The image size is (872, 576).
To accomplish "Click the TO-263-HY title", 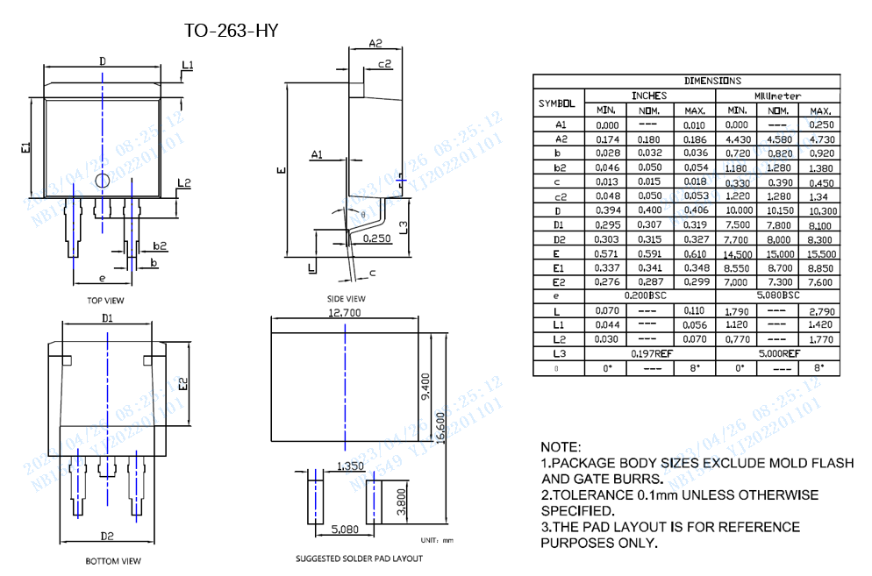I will (x=231, y=31).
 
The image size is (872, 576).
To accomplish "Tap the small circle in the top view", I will (x=102, y=181).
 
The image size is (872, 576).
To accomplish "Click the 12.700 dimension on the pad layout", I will (x=345, y=312).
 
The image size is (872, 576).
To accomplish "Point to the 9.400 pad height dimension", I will (x=425, y=387).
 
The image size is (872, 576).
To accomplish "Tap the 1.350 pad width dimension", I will (x=350, y=466).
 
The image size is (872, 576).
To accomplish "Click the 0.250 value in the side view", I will (x=375, y=238).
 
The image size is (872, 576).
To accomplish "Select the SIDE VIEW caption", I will (x=346, y=299).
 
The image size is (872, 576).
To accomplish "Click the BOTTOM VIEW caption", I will (x=112, y=561).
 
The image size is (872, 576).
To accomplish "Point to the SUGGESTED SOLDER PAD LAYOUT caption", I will (x=359, y=558).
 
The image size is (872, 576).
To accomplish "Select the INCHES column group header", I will (x=649, y=96).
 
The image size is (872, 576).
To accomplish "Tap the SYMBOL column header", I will (x=559, y=103).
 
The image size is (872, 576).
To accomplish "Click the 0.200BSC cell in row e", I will (x=649, y=296).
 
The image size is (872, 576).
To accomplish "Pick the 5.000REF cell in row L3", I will (x=778, y=353).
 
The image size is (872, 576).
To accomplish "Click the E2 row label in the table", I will (x=559, y=282).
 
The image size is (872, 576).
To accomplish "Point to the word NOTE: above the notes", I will (x=561, y=447).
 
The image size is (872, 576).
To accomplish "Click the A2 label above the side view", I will (x=375, y=42).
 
